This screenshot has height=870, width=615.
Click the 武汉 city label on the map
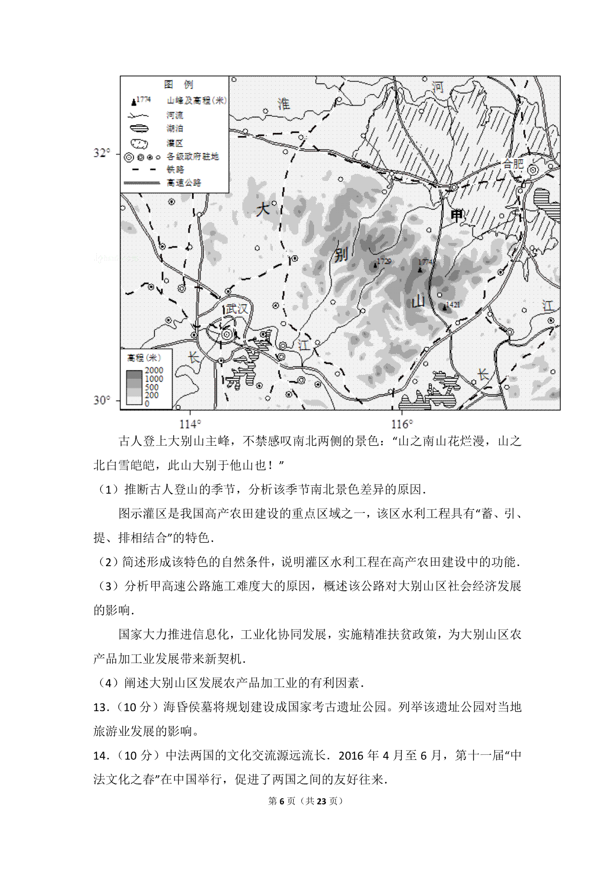237,309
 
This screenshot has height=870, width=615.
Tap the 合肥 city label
512,164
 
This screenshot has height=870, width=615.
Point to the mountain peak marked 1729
375,265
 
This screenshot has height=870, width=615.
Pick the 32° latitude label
101,153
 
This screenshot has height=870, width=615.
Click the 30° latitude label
101,400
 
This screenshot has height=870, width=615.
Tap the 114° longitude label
190,424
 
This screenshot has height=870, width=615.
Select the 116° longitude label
401,424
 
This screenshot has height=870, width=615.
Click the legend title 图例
178,85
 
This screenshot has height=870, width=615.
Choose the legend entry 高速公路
184,183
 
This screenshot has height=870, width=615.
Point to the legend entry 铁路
175,170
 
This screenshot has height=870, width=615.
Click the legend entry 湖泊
175,129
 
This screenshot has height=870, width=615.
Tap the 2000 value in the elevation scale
154,370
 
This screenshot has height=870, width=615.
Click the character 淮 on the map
283,104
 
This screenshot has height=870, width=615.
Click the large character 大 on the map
262,209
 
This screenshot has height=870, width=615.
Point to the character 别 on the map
341,254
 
